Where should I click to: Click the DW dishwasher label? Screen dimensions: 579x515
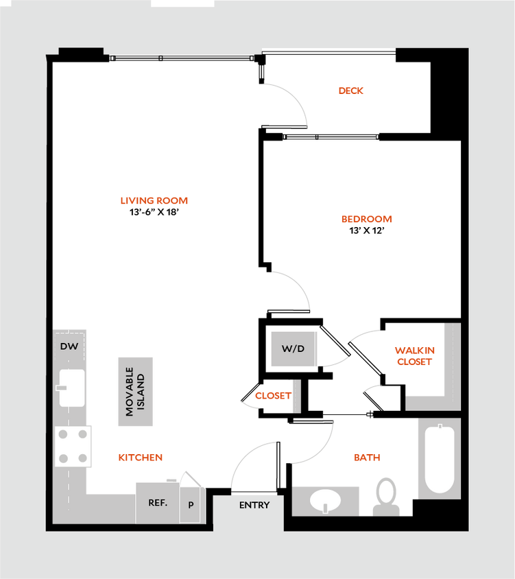[69, 346]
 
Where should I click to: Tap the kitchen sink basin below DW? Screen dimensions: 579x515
[71, 388]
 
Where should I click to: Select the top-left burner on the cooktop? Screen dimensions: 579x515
[63, 434]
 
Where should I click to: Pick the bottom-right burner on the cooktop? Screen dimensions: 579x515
[83, 458]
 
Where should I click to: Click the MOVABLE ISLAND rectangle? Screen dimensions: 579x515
[135, 392]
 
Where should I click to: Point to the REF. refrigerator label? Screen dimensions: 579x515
[158, 502]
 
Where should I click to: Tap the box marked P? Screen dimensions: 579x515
[191, 505]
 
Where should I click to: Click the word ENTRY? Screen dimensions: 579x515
[254, 505]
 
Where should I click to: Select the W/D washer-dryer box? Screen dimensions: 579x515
[294, 348]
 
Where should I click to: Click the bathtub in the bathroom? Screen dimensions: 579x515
[438, 458]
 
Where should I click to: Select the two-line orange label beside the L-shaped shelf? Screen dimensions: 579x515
[415, 356]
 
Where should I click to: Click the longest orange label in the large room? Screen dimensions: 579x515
[154, 201]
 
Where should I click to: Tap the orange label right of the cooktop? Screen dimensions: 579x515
[141, 457]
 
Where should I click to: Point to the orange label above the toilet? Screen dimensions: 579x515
[368, 457]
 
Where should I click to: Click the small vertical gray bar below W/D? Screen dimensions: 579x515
[296, 397]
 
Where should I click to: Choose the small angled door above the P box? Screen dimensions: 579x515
[190, 477]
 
